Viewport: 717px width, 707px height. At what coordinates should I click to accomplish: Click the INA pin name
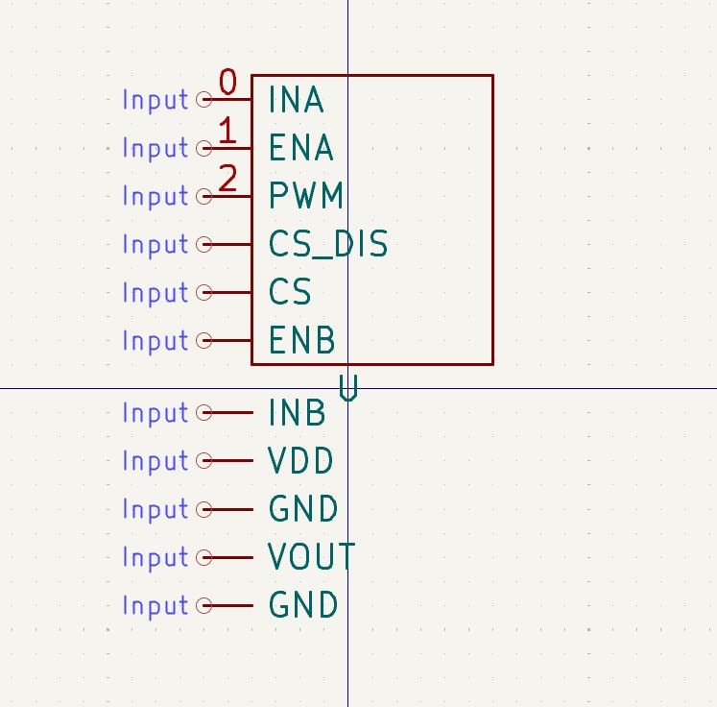296,100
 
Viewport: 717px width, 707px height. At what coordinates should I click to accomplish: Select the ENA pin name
301,148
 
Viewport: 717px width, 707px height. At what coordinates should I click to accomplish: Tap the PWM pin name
305,196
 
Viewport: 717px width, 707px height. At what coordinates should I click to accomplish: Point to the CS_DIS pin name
328,245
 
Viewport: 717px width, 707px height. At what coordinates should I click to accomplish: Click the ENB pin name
302,341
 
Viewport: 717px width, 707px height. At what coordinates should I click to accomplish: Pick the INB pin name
297,413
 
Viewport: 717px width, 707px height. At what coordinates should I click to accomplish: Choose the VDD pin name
301,461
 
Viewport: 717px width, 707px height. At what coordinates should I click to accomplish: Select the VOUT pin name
312,557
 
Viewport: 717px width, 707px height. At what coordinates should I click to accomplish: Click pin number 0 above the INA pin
227,83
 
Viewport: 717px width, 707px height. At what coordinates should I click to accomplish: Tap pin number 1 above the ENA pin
227,131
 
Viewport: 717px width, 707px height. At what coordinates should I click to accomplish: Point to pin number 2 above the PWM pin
227,179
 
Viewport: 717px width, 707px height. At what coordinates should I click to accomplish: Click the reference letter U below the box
348,388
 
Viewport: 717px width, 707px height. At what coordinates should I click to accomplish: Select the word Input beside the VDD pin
155,461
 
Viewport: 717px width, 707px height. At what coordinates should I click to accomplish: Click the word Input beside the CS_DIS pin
155,245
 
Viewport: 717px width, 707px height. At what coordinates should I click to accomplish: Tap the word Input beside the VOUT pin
155,557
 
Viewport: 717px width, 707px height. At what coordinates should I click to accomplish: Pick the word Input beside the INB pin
155,413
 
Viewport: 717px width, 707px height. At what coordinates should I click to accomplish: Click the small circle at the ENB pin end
203,340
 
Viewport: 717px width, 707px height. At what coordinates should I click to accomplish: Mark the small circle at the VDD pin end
203,461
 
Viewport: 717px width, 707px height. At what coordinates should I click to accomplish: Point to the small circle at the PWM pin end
203,196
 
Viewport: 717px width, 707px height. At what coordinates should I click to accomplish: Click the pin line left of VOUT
230,557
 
